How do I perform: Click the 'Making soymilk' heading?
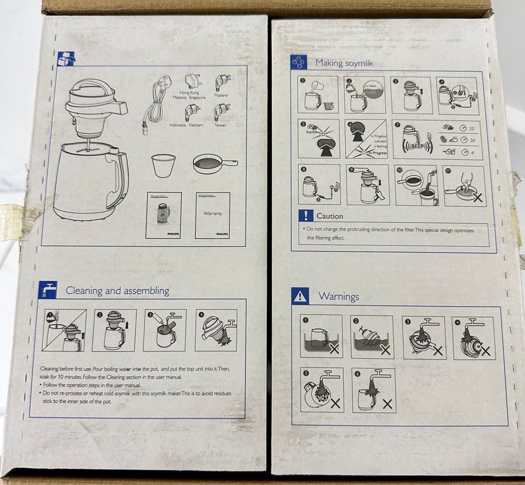pyautogui.click(x=344, y=63)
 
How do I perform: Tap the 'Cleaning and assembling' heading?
pyautogui.click(x=117, y=291)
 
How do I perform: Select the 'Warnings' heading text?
pyautogui.click(x=338, y=296)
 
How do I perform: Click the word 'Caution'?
pyautogui.click(x=330, y=216)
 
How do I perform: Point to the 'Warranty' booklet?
pyautogui.click(x=212, y=215)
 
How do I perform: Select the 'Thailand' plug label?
pyautogui.click(x=220, y=96)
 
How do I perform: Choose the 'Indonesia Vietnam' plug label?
pyautogui.click(x=185, y=125)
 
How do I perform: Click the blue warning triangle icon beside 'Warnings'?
pyautogui.click(x=300, y=296)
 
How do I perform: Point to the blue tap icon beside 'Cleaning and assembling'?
pyautogui.click(x=48, y=290)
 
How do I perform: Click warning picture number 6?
pyautogui.click(x=373, y=390)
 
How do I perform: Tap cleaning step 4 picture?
pyautogui.click(x=216, y=330)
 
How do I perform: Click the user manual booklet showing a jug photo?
pyautogui.click(x=164, y=215)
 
